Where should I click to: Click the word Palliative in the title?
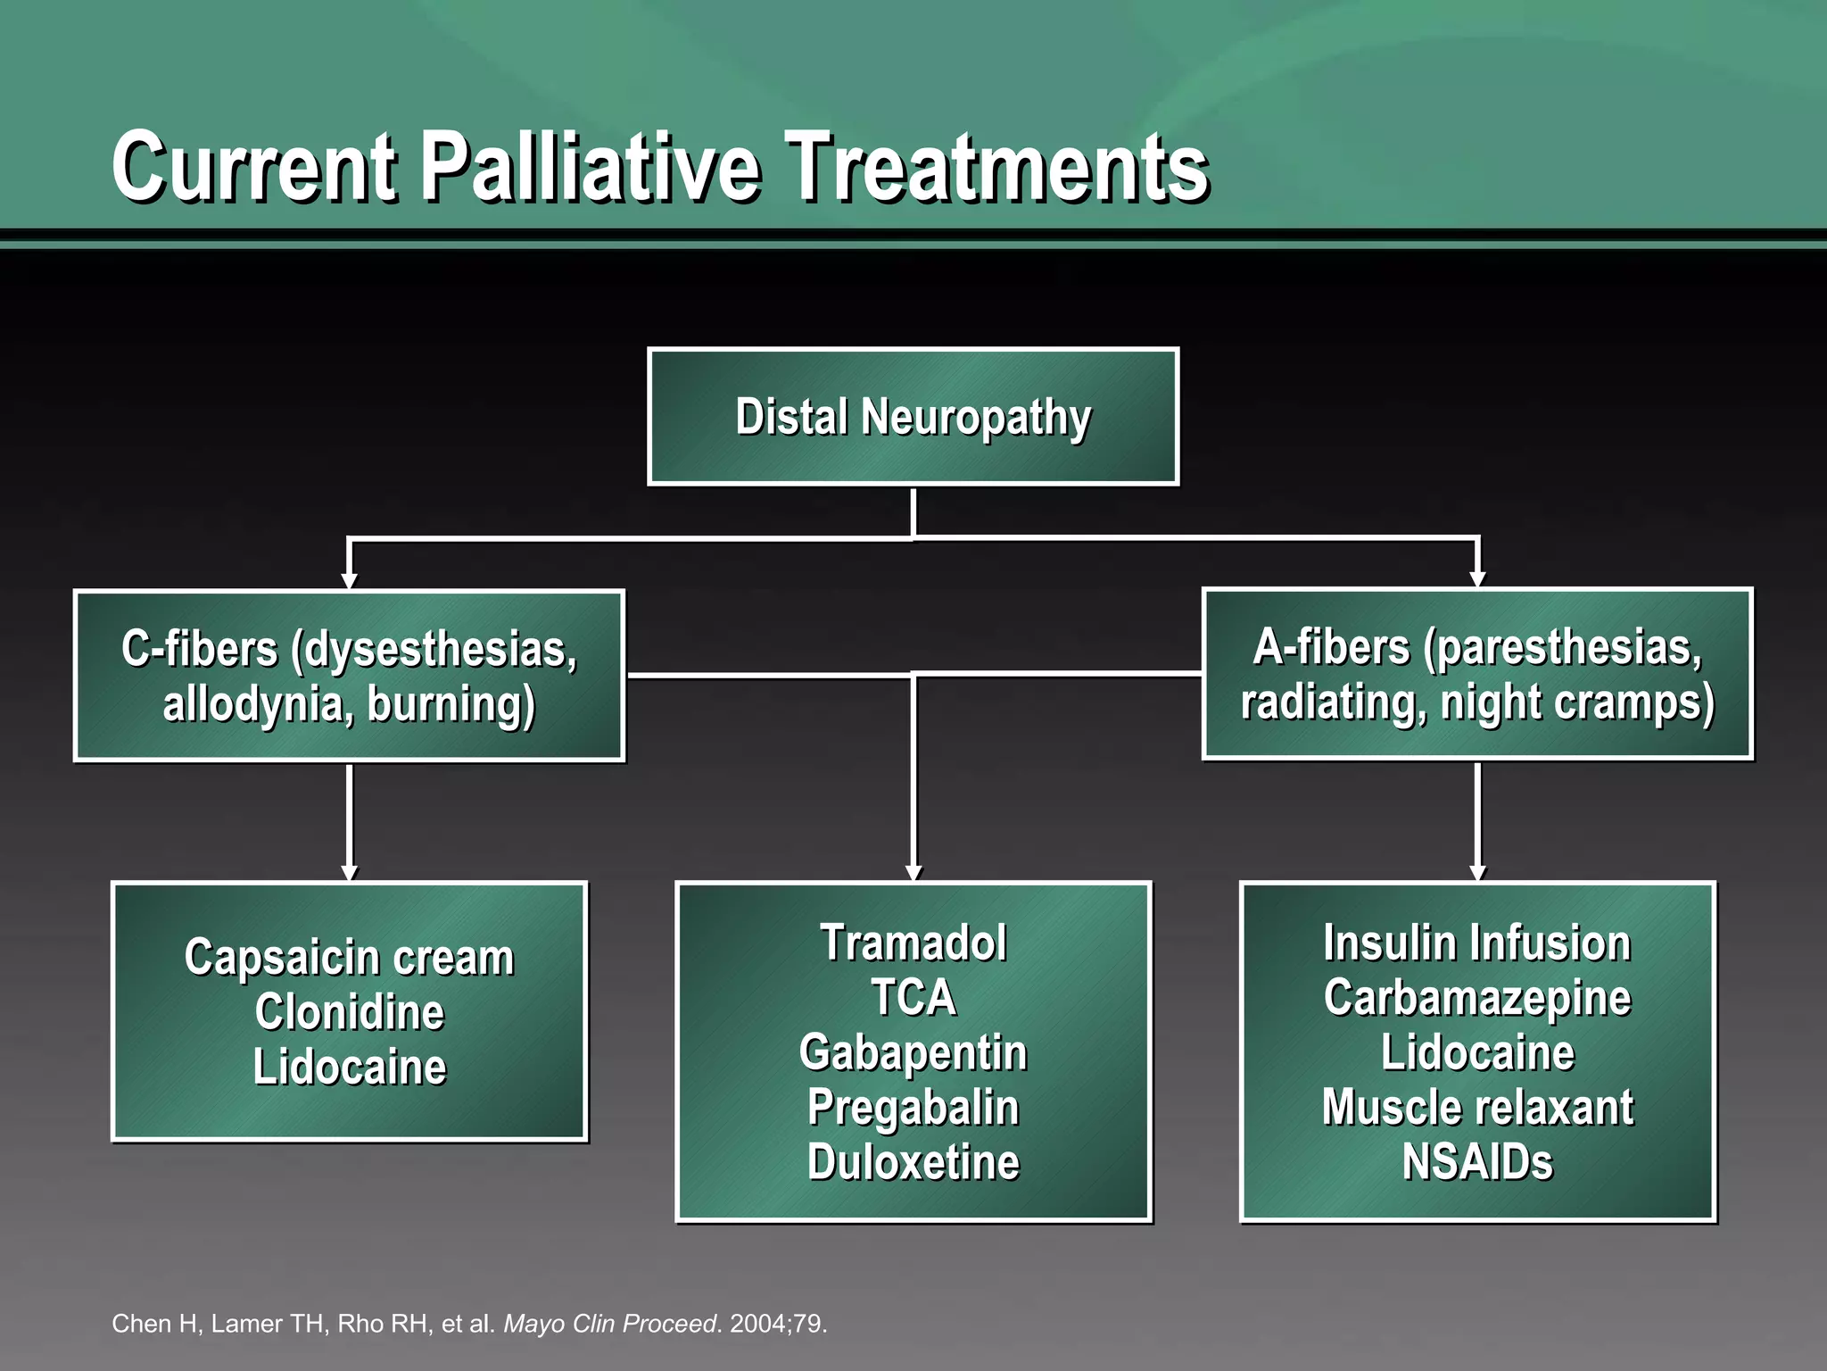(591, 167)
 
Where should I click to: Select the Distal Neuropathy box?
(913, 417)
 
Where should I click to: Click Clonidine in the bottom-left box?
(349, 1012)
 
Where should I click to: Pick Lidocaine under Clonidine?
(349, 1068)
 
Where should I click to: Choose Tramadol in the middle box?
(913, 943)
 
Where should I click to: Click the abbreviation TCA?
(913, 998)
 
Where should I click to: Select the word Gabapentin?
(913, 1052)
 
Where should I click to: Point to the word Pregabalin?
(913, 1108)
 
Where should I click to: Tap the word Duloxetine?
(913, 1162)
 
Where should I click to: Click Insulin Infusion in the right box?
(1476, 943)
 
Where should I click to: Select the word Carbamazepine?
(1476, 998)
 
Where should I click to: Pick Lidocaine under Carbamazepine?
(1476, 1052)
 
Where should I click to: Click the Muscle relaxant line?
(1476, 1108)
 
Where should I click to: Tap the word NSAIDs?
(1476, 1162)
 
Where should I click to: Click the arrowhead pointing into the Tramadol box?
(913, 872)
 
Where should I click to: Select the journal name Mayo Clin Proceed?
(610, 1323)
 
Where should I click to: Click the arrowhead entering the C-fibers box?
(349, 581)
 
